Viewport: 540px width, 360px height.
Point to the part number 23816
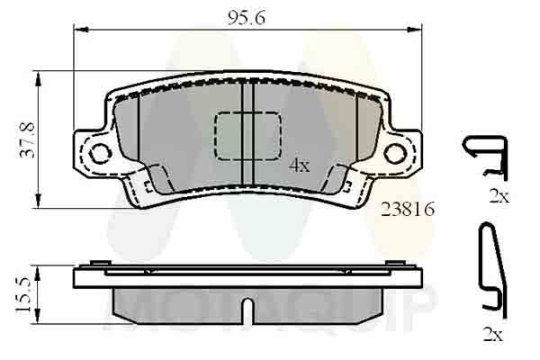tap(409, 209)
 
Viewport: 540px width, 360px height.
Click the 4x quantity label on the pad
tap(299, 166)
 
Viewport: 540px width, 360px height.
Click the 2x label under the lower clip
tap(492, 335)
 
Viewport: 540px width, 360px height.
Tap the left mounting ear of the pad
tap(93, 150)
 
